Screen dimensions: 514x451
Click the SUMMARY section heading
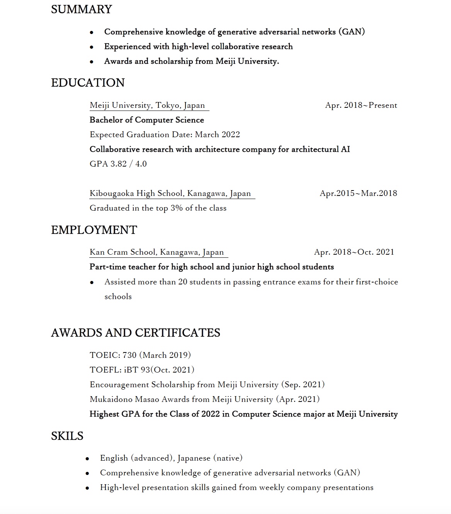[x=81, y=9]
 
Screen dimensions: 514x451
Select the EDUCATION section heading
[x=88, y=83]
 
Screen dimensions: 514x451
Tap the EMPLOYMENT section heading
[x=94, y=230]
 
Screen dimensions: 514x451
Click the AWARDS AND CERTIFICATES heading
[x=135, y=333]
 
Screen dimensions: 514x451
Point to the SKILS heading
[x=67, y=436]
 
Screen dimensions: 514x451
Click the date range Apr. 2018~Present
[x=361, y=105]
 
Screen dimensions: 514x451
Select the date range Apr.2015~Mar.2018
[x=358, y=193]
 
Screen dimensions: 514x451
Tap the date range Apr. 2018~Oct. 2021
[x=354, y=252]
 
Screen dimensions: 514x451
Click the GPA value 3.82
[x=119, y=164]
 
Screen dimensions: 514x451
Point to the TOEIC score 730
[x=129, y=355]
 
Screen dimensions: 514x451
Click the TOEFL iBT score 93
[x=145, y=370]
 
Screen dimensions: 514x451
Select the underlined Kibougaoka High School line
[x=170, y=193]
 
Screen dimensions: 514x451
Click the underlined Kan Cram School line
[x=157, y=252]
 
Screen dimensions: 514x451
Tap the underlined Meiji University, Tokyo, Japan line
[x=147, y=105]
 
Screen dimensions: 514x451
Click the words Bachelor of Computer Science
[x=146, y=120]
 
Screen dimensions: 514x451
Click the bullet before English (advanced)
[x=87, y=459]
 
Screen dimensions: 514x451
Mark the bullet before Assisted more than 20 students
[x=92, y=283]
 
